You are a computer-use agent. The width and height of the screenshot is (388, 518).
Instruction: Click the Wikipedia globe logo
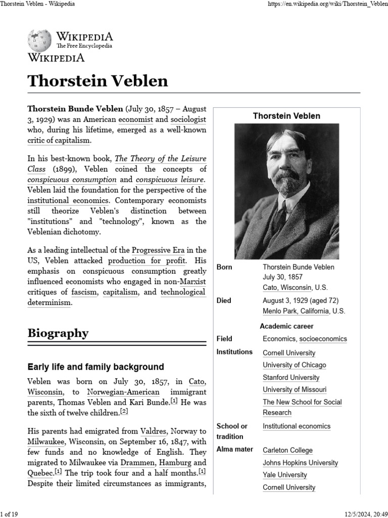pos(40,39)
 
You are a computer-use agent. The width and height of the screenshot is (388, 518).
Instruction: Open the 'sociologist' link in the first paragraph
pos(188,120)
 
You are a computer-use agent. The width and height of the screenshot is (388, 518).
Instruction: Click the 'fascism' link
pos(84,292)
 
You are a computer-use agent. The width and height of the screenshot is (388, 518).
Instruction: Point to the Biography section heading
pos(58,333)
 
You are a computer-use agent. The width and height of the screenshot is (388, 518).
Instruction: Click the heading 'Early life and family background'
pos(95,367)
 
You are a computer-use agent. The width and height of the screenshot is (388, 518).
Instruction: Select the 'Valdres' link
pos(154,431)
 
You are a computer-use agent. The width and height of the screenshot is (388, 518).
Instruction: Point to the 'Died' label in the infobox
pos(224,300)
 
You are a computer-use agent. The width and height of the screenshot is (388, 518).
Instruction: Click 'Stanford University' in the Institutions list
pos(291,377)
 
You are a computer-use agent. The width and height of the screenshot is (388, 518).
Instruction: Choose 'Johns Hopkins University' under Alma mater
pos(300,463)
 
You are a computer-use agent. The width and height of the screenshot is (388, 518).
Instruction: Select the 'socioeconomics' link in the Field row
pos(323,339)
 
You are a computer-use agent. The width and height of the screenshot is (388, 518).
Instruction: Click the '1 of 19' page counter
pos(9,514)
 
